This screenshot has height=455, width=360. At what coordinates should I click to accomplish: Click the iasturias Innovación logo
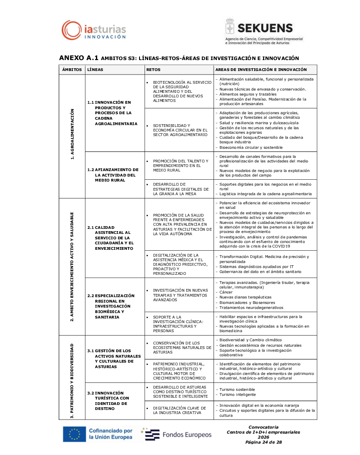click(x=94, y=30)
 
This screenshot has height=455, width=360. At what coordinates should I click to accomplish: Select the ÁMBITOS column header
click(x=72, y=70)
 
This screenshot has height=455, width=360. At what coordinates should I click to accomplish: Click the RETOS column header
click(x=153, y=70)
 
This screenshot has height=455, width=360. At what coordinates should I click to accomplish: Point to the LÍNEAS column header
click(x=95, y=70)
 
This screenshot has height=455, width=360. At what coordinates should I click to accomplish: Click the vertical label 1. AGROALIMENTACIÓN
click(x=72, y=136)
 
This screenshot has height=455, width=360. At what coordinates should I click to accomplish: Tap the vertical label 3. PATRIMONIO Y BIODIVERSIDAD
click(x=72, y=378)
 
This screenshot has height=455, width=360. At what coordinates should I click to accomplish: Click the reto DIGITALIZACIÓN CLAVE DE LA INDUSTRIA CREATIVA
click(x=180, y=410)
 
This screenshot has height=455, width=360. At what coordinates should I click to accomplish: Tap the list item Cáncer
click(x=225, y=292)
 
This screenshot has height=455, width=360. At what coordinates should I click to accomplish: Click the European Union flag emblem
click(x=74, y=434)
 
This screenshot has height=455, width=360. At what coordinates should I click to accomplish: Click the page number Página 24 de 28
click(x=263, y=442)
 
